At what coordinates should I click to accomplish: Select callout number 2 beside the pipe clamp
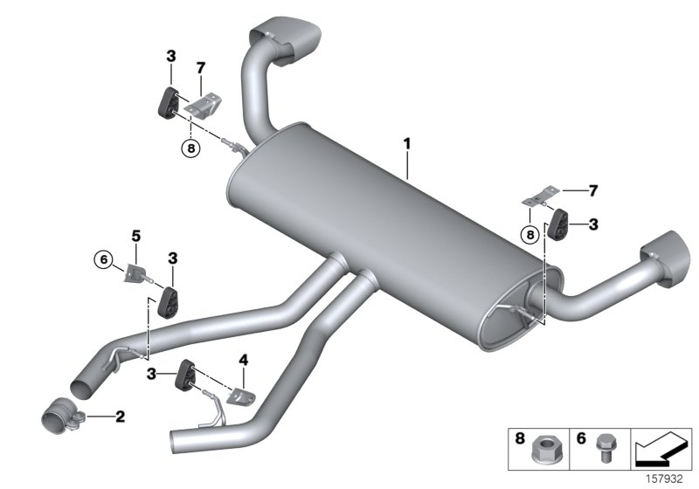[x=121, y=417]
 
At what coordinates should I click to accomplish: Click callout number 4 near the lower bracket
[x=244, y=359]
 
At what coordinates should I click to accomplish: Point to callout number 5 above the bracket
[x=135, y=235]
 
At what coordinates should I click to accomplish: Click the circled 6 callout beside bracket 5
[x=105, y=258]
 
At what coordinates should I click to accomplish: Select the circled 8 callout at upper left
[x=190, y=148]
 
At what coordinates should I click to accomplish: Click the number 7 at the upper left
[x=200, y=67]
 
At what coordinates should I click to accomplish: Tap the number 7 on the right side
[x=594, y=189]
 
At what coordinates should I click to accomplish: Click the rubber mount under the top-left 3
[x=167, y=101]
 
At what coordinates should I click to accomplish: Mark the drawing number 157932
[x=668, y=479]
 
